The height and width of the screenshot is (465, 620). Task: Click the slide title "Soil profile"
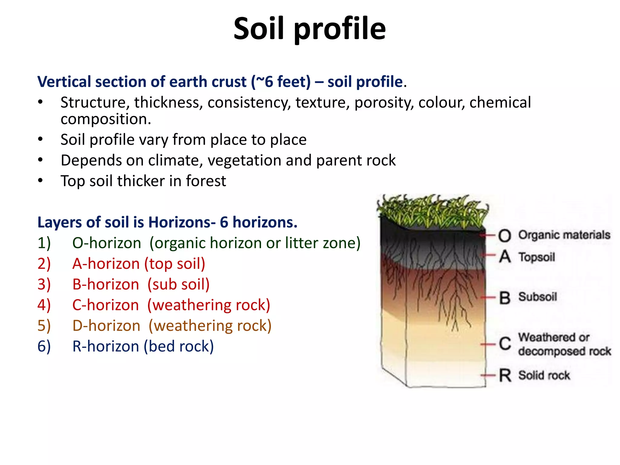point(309,28)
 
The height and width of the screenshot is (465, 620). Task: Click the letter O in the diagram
point(504,236)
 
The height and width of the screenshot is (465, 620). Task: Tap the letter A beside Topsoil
point(505,257)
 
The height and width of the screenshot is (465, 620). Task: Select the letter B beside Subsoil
point(505,297)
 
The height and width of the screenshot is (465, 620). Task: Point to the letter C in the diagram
point(505,344)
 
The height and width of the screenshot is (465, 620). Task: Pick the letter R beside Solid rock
point(505,375)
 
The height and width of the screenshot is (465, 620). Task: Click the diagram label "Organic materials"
point(564,235)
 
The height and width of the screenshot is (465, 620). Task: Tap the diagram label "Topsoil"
point(537,257)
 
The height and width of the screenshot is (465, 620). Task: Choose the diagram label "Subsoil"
point(538,297)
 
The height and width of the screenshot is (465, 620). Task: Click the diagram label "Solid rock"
point(544,375)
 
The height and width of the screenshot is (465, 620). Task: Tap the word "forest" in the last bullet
point(206,181)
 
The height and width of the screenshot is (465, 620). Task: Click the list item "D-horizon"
point(106,326)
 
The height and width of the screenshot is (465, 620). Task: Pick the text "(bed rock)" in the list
point(179,346)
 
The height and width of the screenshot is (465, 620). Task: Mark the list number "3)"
point(44,285)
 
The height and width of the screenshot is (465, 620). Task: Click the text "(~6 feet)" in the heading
point(281,82)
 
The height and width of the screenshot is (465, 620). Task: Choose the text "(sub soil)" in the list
point(179,285)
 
